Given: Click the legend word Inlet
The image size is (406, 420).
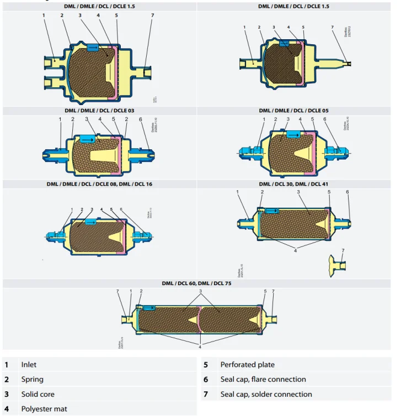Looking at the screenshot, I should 29,365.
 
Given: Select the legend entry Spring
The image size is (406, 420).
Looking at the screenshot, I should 32,380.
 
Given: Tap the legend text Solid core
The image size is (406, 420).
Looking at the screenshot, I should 38,395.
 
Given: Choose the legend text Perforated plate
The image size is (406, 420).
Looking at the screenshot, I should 247,365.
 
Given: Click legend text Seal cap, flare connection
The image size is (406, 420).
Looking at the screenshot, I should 263,380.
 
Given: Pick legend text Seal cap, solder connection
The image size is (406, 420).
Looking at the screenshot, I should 266,395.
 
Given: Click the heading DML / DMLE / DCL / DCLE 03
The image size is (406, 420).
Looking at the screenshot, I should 99,111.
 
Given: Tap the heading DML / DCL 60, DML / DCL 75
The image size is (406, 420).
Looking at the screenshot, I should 196,283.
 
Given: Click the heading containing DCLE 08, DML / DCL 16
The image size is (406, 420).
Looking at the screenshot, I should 99,184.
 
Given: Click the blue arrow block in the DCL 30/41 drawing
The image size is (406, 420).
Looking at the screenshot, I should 272,211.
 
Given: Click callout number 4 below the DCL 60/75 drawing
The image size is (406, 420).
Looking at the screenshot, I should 200,347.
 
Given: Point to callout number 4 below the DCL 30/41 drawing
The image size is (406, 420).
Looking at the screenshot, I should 295,250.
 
